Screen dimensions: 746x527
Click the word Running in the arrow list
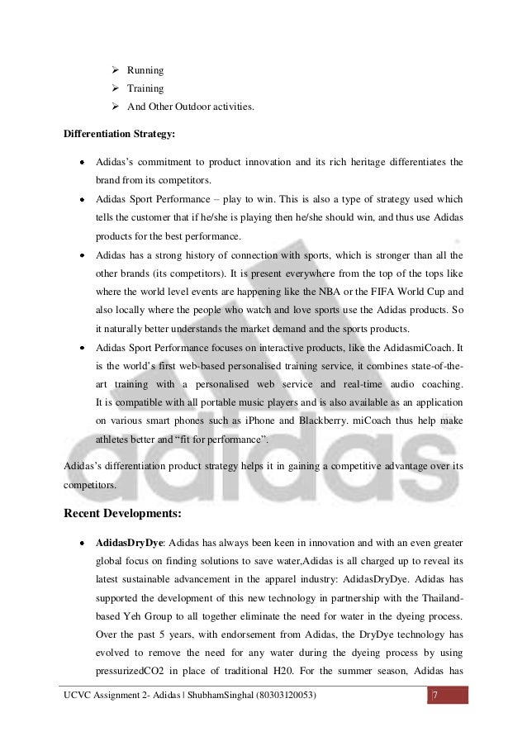point(145,71)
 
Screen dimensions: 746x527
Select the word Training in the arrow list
point(145,88)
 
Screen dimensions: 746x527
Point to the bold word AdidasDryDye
point(128,545)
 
